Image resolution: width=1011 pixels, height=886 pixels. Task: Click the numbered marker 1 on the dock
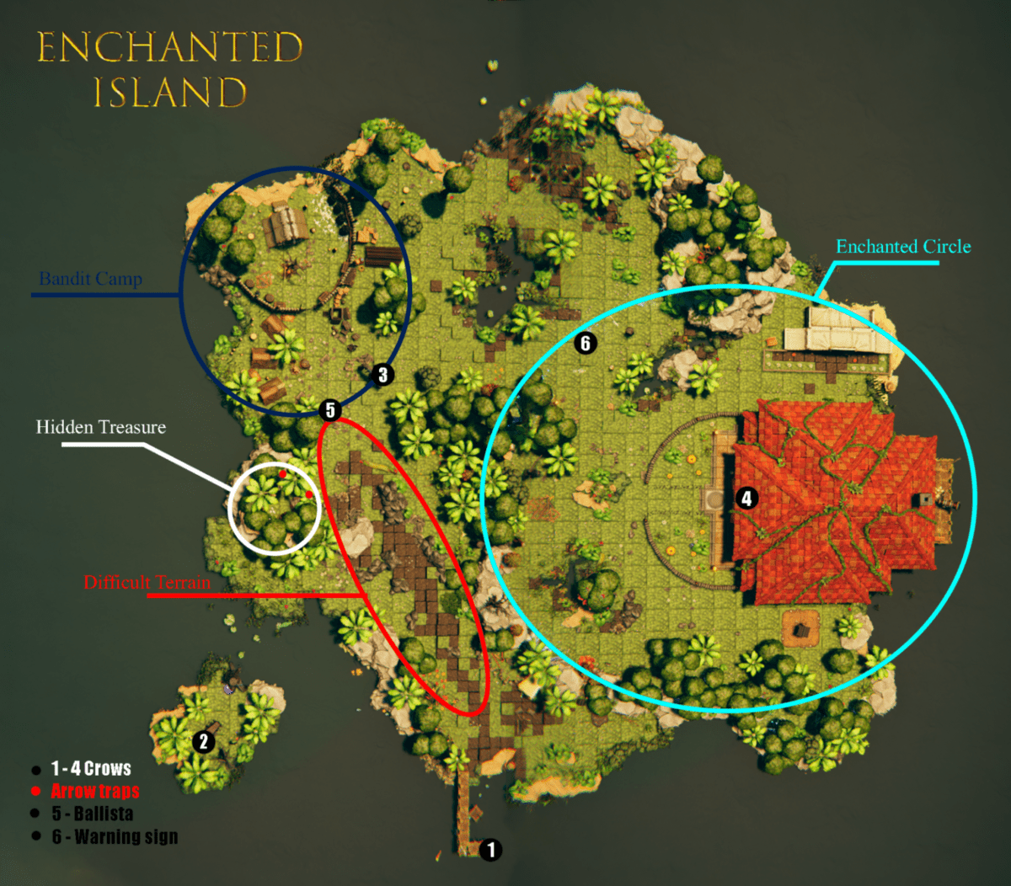click(x=491, y=850)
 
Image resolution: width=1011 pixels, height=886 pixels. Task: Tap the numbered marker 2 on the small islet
click(x=202, y=742)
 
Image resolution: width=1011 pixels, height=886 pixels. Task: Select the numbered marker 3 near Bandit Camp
click(x=382, y=375)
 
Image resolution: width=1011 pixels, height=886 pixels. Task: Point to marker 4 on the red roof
click(x=746, y=499)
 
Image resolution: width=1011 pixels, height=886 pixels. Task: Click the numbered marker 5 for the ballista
click(x=330, y=411)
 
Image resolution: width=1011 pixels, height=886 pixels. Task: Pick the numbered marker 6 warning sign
click(x=586, y=343)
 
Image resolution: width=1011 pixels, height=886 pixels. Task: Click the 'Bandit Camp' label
click(x=90, y=279)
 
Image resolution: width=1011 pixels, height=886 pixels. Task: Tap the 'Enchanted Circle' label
click(x=903, y=247)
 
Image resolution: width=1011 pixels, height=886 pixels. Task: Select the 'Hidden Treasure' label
click(x=100, y=427)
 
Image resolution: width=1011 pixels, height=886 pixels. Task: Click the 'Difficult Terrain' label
click(x=147, y=582)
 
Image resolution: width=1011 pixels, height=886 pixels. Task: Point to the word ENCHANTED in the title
click(x=169, y=48)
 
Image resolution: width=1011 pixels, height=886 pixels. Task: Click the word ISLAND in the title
click(x=169, y=93)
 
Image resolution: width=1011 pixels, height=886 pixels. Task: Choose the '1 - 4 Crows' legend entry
click(x=91, y=768)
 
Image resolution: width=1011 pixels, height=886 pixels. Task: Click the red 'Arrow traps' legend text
click(x=95, y=791)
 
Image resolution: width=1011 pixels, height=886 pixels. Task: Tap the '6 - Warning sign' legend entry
click(x=115, y=836)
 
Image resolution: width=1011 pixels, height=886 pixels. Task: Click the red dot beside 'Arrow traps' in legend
click(x=35, y=792)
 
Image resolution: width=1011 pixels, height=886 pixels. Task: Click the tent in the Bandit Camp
click(x=287, y=225)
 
